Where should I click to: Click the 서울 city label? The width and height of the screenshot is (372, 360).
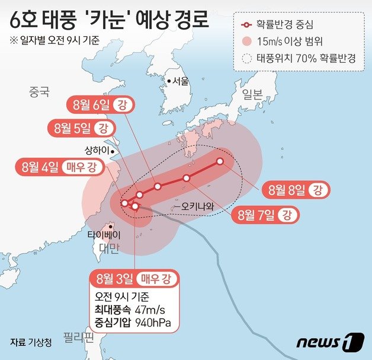pyautogui.click(x=180, y=81)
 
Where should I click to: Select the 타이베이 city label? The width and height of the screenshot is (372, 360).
pyautogui.click(x=104, y=234)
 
